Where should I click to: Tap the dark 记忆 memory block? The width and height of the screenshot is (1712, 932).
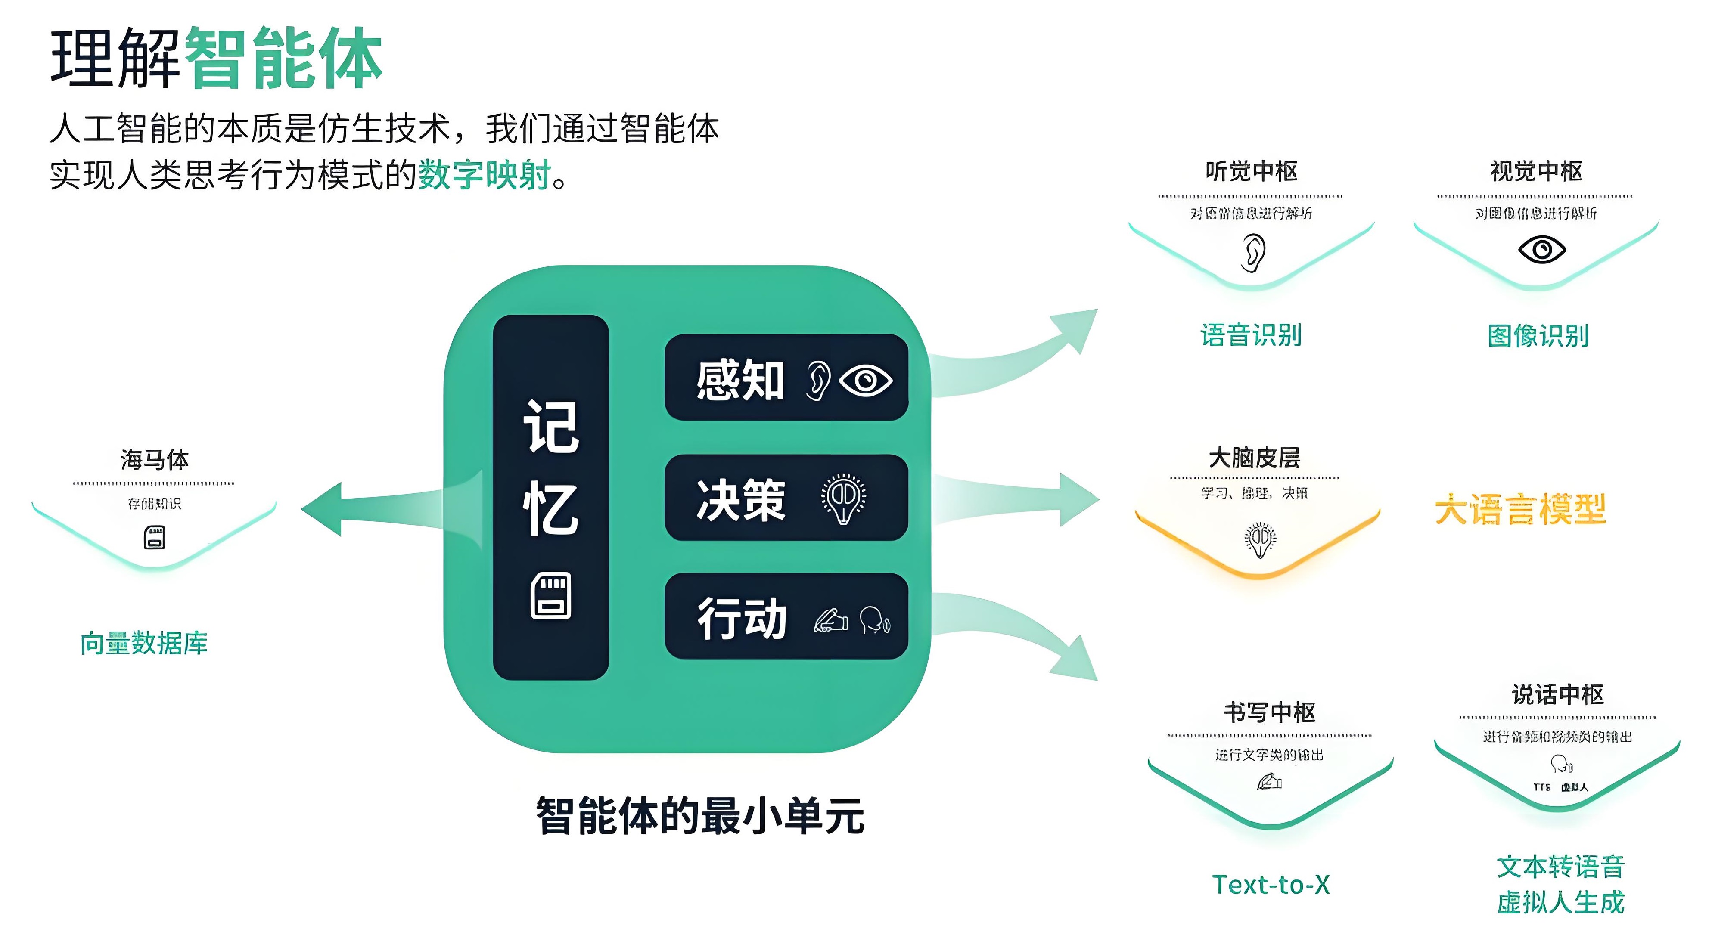[550, 497]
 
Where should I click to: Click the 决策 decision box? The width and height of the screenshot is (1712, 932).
[786, 498]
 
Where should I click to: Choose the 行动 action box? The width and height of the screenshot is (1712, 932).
[786, 616]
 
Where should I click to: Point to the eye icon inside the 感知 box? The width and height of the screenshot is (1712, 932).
[865, 381]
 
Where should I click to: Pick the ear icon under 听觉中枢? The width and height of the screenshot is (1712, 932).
[1253, 252]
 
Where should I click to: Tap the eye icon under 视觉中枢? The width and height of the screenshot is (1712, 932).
[1542, 250]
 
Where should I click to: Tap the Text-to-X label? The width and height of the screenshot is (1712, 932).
[1271, 884]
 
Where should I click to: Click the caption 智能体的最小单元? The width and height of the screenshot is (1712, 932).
[700, 815]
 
